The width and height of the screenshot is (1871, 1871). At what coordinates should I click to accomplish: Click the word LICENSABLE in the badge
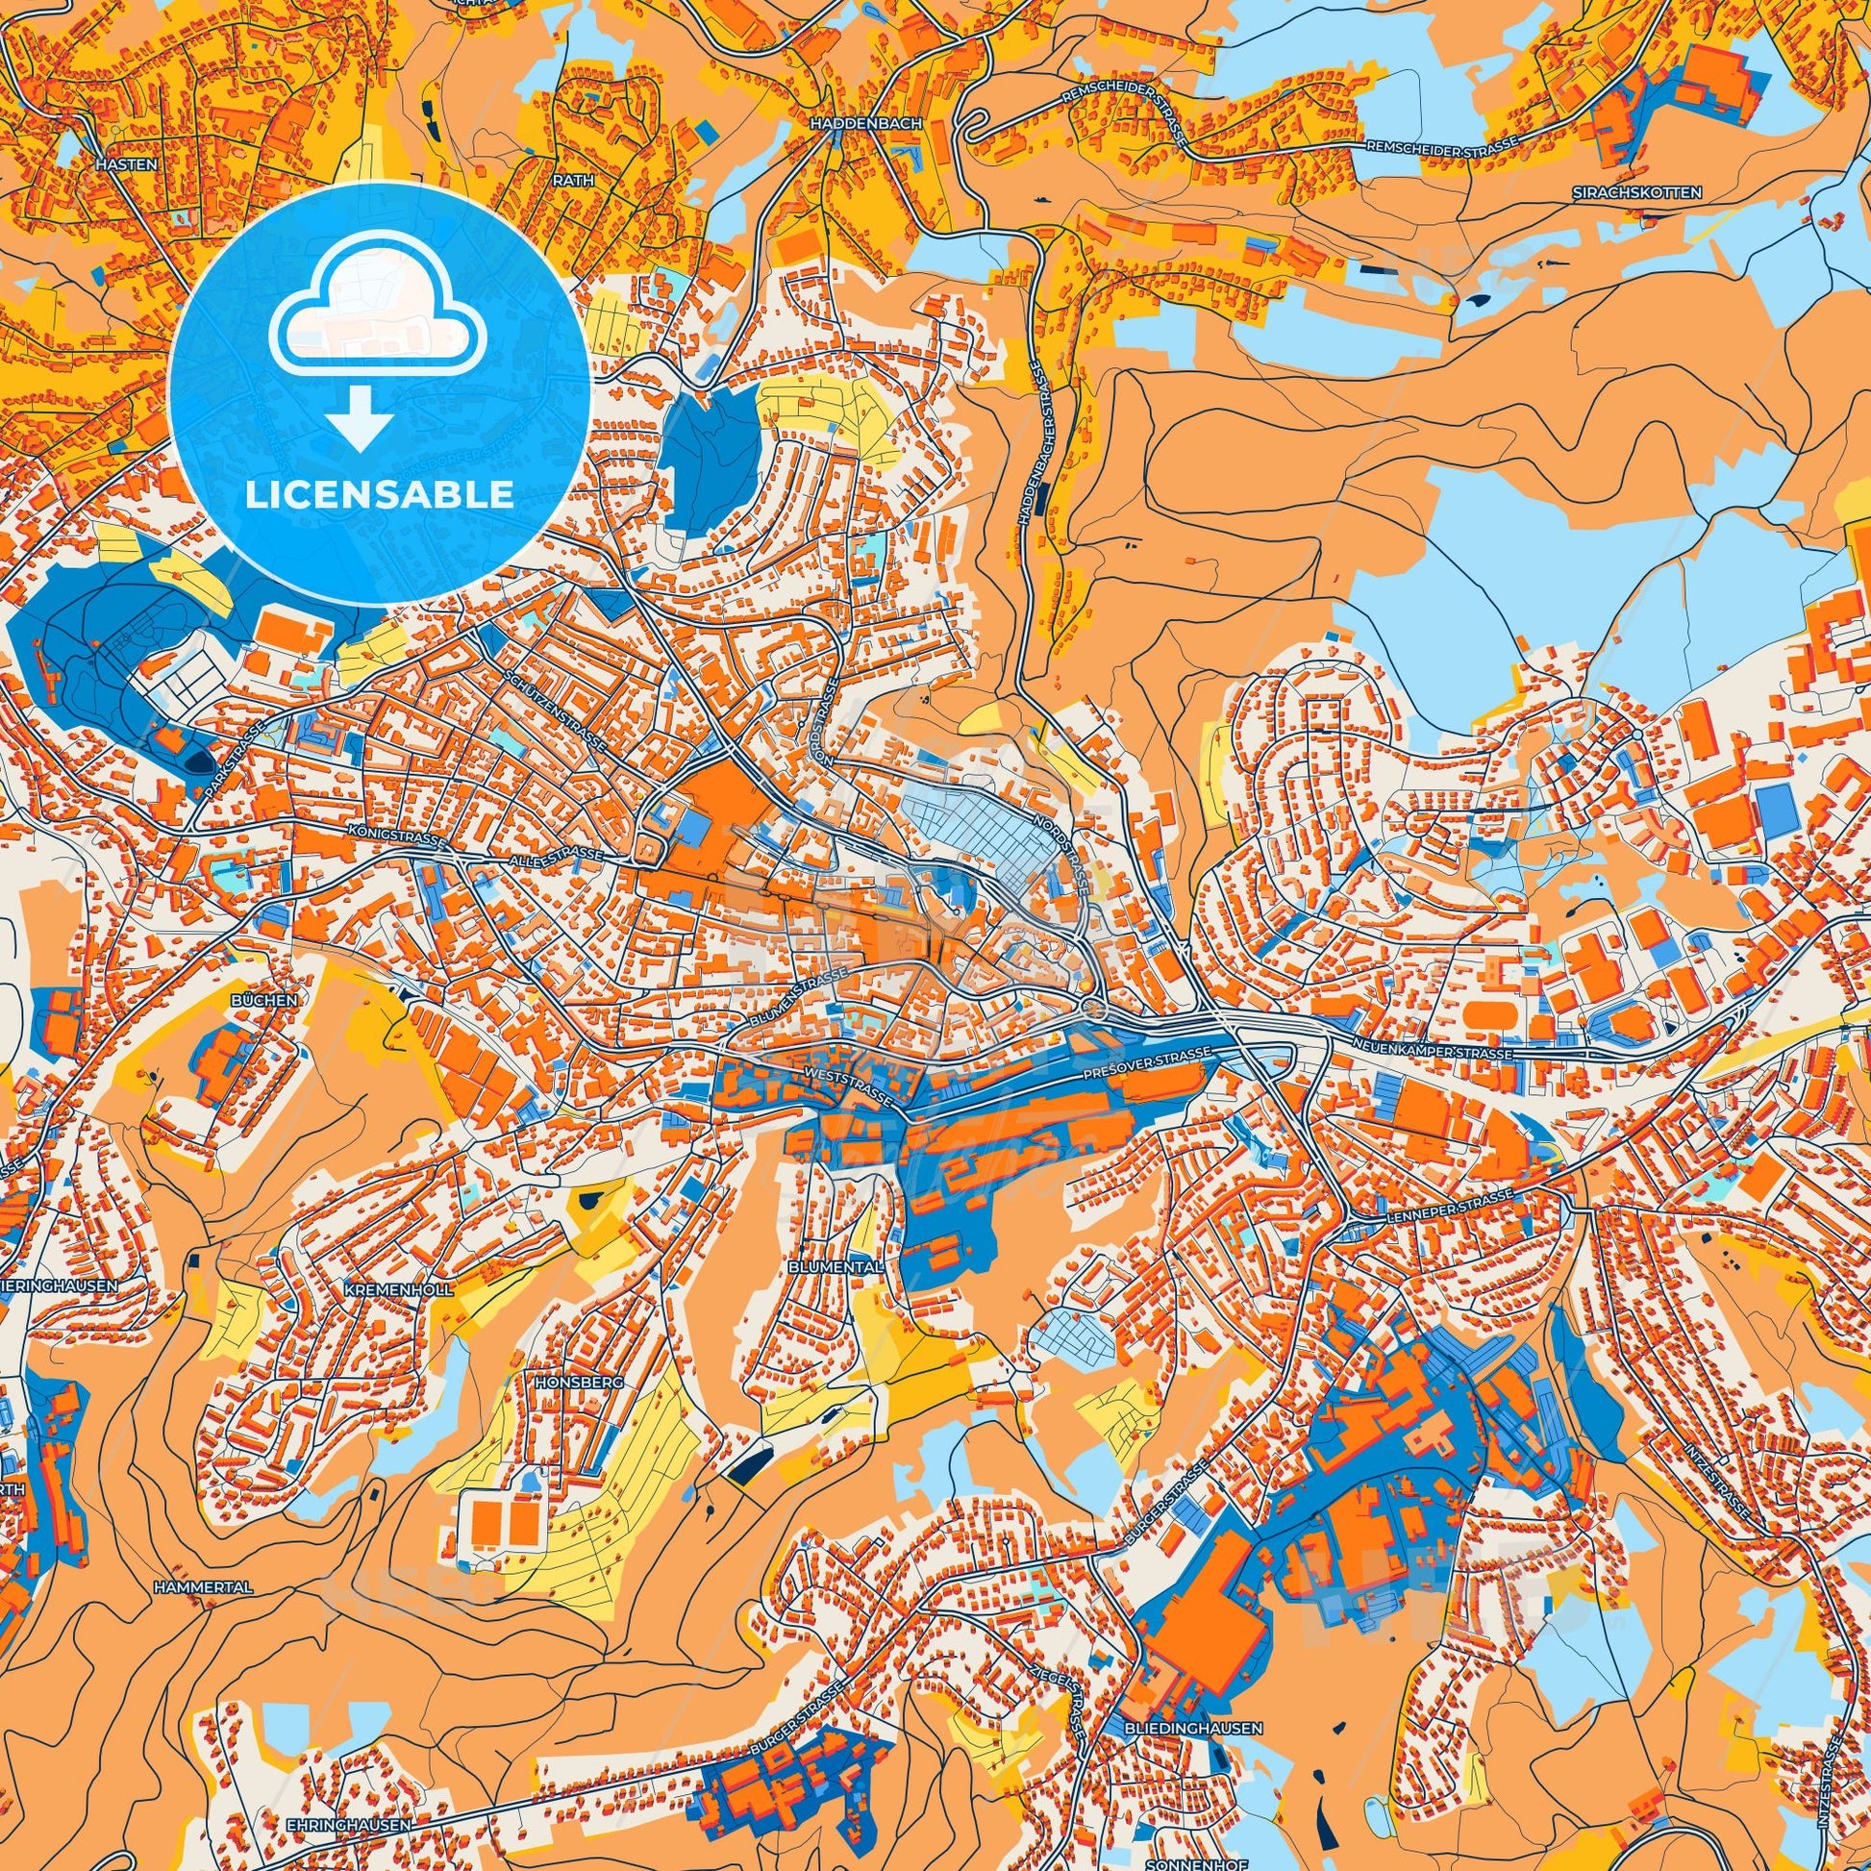(x=380, y=495)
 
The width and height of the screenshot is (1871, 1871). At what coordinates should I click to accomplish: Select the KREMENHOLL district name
(x=385, y=1291)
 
